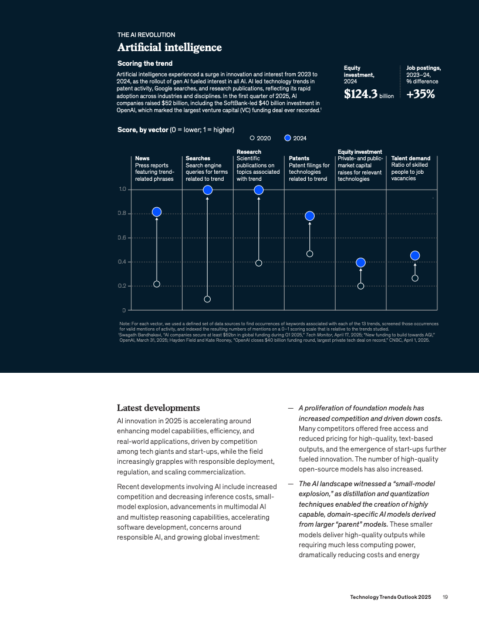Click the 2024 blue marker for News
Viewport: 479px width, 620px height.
[x=157, y=212]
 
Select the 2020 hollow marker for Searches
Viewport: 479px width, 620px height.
[x=207, y=299]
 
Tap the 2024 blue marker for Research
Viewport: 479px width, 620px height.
[x=258, y=190]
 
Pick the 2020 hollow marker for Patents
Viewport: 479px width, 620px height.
[x=309, y=254]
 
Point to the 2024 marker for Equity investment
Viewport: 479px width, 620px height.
[x=361, y=262]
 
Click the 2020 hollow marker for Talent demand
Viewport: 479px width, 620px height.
[x=415, y=278]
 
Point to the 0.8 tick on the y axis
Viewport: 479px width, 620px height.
[x=122, y=213]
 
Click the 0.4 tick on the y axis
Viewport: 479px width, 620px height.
[x=122, y=262]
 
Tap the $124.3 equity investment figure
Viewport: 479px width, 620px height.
[x=360, y=94]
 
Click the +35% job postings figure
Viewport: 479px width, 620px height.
[x=420, y=94]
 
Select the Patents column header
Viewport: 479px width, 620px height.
[x=299, y=159]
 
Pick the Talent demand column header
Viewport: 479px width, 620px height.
[x=411, y=159]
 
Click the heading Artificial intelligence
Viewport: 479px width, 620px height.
[x=170, y=48]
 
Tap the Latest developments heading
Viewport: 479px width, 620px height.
[x=158, y=407]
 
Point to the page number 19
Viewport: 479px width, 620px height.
[x=446, y=597]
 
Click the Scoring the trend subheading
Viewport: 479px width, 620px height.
[x=144, y=63]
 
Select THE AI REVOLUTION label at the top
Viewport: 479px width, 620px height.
[x=146, y=35]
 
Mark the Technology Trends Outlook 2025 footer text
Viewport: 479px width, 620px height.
[x=390, y=597]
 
